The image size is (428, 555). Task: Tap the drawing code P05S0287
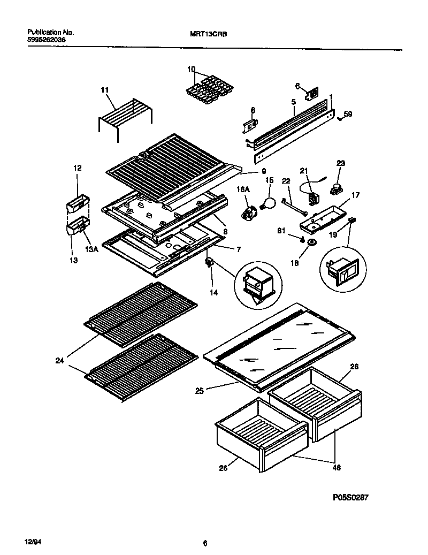(350, 497)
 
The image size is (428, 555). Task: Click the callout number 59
(348, 113)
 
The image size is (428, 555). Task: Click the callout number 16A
(243, 189)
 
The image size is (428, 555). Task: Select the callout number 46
(335, 467)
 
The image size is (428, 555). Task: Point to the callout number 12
(77, 168)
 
